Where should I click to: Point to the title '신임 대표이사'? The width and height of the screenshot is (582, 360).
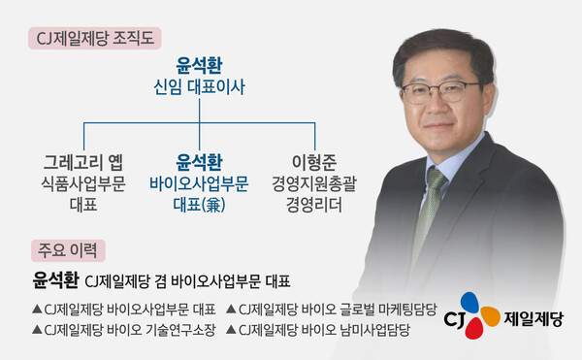click(x=199, y=87)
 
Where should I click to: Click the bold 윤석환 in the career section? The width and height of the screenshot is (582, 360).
click(x=54, y=281)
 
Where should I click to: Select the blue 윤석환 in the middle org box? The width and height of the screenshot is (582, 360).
click(x=199, y=159)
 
